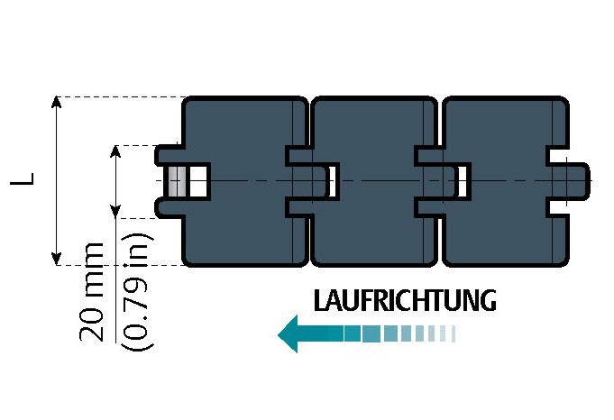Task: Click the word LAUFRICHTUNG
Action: [404, 300]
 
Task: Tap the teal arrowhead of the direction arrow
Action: [290, 334]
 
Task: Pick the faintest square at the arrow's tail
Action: [454, 334]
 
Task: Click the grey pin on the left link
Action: [179, 180]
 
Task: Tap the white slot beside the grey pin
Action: [198, 180]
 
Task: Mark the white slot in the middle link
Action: [333, 180]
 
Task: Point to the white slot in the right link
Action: [463, 181]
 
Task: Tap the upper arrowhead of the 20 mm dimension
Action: [115, 151]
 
